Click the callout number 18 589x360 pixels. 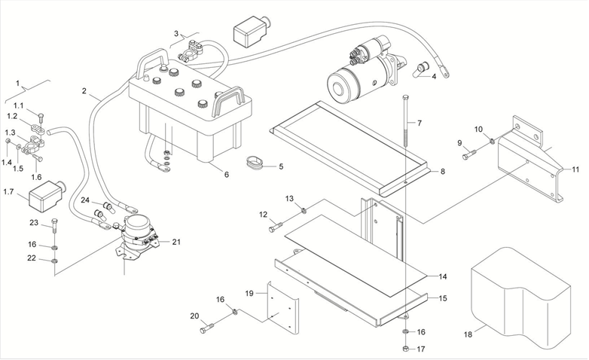tap(468, 333)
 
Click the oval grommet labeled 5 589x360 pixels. tap(254, 162)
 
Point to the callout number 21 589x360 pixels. tap(177, 242)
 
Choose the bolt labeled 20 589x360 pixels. tap(208, 328)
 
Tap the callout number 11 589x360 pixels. tap(575, 169)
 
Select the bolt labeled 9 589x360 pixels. tap(468, 154)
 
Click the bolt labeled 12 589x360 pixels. tap(276, 226)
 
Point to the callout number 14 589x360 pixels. tap(443, 276)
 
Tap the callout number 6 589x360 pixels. tap(226, 174)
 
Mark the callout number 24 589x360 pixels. tap(86, 200)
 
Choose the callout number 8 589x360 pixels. tap(443, 172)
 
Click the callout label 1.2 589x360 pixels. tap(12, 117)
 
